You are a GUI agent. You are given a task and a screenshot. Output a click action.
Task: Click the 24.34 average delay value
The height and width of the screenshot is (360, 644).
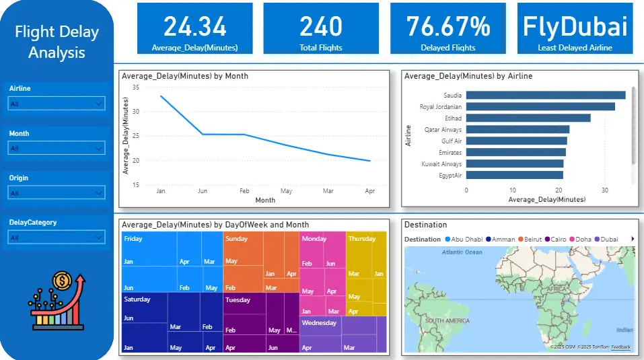tap(195, 26)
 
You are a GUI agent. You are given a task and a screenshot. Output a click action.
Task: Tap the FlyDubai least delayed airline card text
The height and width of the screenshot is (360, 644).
tap(575, 26)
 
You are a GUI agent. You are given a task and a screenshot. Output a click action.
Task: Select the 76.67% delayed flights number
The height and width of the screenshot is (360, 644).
tap(448, 26)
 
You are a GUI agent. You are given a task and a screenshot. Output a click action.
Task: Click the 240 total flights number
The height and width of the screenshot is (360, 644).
tap(321, 26)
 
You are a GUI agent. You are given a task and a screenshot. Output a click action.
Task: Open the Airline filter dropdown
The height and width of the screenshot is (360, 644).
tap(57, 104)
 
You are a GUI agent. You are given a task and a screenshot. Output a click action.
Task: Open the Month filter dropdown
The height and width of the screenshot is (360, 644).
tap(57, 148)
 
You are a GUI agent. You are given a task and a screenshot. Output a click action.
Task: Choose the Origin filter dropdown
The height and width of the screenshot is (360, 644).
tap(57, 193)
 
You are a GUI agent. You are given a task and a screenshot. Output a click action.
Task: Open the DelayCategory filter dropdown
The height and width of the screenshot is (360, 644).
tap(57, 238)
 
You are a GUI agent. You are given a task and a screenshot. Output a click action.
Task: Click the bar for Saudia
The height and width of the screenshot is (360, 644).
tap(546, 95)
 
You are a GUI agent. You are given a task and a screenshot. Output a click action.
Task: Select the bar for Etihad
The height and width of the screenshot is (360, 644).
tap(528, 118)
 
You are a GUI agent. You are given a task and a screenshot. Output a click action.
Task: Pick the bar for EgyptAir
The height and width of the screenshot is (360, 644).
tap(514, 175)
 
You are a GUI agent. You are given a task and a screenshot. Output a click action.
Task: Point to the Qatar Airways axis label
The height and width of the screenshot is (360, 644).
tap(443, 129)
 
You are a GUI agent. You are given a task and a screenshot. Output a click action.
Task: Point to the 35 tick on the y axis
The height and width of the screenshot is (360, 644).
tap(135, 87)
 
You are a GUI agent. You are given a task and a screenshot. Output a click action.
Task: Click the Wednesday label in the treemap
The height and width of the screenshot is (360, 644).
tap(319, 323)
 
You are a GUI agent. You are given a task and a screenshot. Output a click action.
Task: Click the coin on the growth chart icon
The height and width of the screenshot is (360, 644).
tap(61, 279)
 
